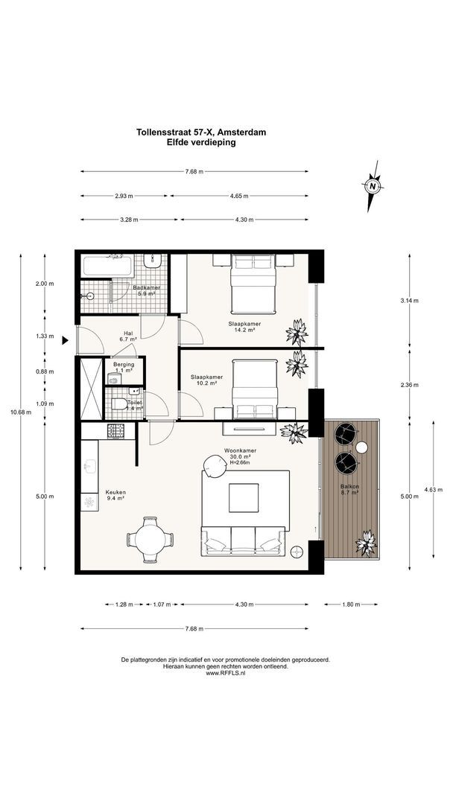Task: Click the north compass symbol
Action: tap(373, 185)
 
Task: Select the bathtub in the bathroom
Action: tap(108, 266)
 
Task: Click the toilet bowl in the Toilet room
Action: tap(118, 404)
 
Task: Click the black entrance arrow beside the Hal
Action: tap(65, 340)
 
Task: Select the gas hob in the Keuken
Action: tap(116, 431)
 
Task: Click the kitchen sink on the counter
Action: tap(89, 466)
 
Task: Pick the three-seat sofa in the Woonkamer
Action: tap(243, 541)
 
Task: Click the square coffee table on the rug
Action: tap(244, 497)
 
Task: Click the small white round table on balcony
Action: tap(361, 447)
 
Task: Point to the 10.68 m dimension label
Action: tap(21, 412)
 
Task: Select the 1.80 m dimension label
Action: tap(351, 604)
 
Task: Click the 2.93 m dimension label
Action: tap(124, 196)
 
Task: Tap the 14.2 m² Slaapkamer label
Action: tap(244, 327)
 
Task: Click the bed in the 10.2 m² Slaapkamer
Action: tap(255, 389)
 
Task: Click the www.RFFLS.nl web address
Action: tap(226, 673)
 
